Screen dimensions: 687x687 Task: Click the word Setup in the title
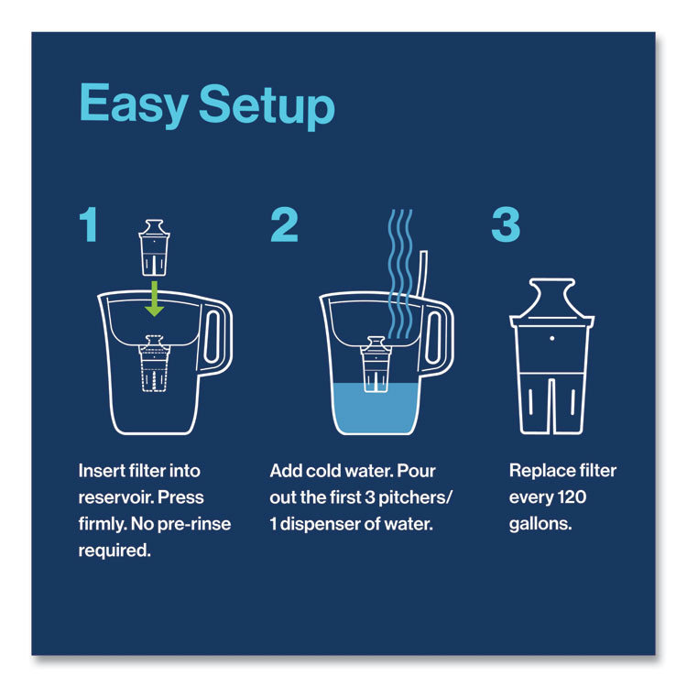pyautogui.click(x=267, y=108)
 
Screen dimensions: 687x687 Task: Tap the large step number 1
pyautogui.click(x=88, y=224)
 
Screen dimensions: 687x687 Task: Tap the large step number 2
pyautogui.click(x=284, y=224)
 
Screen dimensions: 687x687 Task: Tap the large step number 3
pyautogui.click(x=506, y=224)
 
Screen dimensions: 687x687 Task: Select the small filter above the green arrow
pyautogui.click(x=155, y=246)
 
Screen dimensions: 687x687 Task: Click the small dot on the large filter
pyautogui.click(x=552, y=338)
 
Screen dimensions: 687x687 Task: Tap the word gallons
pyautogui.click(x=538, y=524)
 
